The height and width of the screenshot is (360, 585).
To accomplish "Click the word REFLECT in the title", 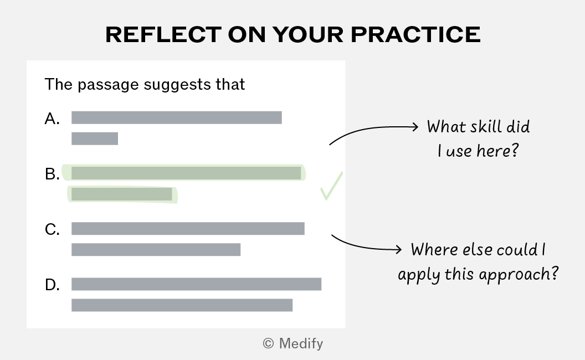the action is click(163, 35).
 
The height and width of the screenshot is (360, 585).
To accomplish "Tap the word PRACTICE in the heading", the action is click(415, 35).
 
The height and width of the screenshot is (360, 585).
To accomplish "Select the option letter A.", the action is click(52, 119).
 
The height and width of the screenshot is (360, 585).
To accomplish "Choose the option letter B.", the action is click(52, 174).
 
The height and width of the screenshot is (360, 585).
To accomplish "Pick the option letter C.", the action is click(52, 229).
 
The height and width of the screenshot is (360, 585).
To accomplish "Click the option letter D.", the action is click(52, 285).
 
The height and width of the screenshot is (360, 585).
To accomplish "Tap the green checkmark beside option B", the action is click(331, 186).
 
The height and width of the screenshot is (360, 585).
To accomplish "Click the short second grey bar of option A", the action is click(95, 138).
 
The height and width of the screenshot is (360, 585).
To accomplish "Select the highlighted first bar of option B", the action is click(186, 173).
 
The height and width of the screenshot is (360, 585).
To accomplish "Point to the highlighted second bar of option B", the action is click(122, 194).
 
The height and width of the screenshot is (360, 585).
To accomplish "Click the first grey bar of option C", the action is click(188, 229).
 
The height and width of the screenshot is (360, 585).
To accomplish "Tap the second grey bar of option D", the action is click(182, 305).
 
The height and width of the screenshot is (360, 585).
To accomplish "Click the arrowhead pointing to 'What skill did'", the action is click(415, 127).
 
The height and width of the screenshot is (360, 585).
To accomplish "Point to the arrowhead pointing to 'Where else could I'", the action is click(398, 249).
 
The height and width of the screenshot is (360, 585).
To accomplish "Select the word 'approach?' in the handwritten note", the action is click(519, 274).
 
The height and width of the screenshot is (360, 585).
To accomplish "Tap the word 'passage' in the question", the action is click(108, 85).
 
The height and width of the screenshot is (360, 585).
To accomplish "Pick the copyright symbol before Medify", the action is click(268, 343).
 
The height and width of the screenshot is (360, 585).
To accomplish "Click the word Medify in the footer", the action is click(301, 343).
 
